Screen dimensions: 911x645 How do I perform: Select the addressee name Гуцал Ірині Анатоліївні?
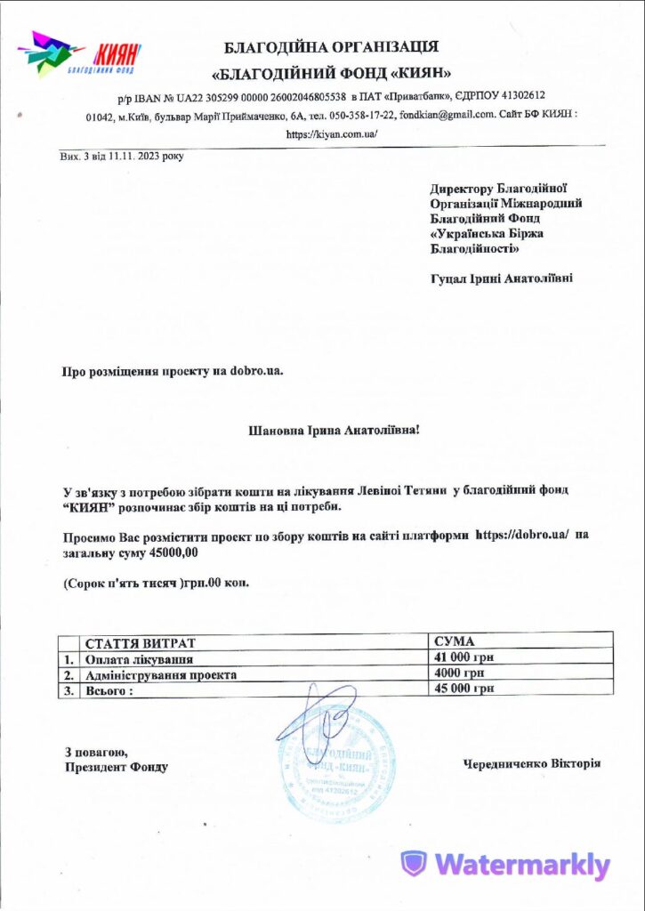(502, 278)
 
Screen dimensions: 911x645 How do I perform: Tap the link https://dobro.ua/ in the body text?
(529, 536)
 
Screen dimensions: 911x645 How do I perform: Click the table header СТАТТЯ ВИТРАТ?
(140, 642)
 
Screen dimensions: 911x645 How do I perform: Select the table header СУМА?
(455, 641)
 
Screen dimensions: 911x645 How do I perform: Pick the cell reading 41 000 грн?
(464, 657)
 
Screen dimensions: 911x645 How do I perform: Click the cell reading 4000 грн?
(458, 673)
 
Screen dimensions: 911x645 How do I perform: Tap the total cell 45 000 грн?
(464, 688)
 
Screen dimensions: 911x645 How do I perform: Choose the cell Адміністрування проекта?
(160, 674)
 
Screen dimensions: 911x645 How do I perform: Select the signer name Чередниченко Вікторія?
(532, 763)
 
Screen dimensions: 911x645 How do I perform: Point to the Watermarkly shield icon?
(413, 864)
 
